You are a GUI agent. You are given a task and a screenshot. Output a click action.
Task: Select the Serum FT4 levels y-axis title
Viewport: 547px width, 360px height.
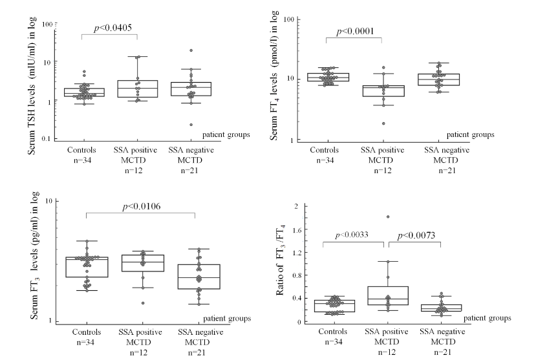point(275,78)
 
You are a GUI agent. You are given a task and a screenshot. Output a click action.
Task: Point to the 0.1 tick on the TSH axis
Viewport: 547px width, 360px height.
point(47,139)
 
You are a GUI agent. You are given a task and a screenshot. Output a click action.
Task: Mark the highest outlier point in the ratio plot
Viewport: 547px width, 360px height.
point(388,217)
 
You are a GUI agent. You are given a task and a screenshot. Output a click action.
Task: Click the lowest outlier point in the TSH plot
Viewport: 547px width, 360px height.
point(191,125)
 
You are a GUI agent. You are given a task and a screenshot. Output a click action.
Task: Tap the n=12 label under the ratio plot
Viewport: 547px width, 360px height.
point(388,352)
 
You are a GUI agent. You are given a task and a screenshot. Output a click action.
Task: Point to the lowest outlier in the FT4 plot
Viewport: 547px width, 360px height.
point(383,123)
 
